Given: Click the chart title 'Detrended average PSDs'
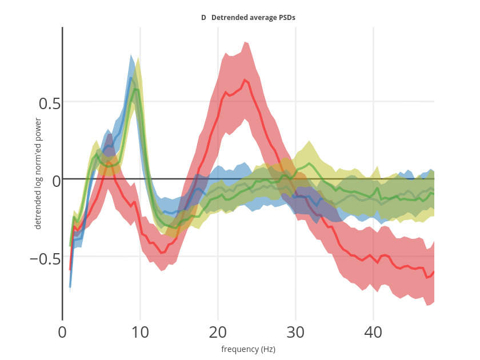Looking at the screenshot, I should pos(253,18).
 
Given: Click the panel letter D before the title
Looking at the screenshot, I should pos(203,18).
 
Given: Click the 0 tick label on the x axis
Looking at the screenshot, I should pos(62,332).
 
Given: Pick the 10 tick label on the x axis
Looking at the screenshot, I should pos(140,332).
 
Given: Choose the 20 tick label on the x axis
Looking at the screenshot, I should pos(218,332).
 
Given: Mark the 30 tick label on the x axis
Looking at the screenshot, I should pos(295,332).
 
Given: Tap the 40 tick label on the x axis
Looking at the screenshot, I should pos(373,332).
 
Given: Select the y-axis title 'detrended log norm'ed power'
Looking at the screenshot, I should pos(38,173).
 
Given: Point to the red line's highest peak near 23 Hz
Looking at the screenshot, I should pos(245,80).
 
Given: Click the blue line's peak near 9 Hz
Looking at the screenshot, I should pos(131,78).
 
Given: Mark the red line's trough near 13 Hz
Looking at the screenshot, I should pos(162,253).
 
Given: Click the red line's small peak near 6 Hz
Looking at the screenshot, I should pos(109,163).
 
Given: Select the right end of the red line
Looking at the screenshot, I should pos(434,272).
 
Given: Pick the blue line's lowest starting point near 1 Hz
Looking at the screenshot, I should pos(70,287).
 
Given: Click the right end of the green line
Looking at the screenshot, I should pos(434,193).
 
